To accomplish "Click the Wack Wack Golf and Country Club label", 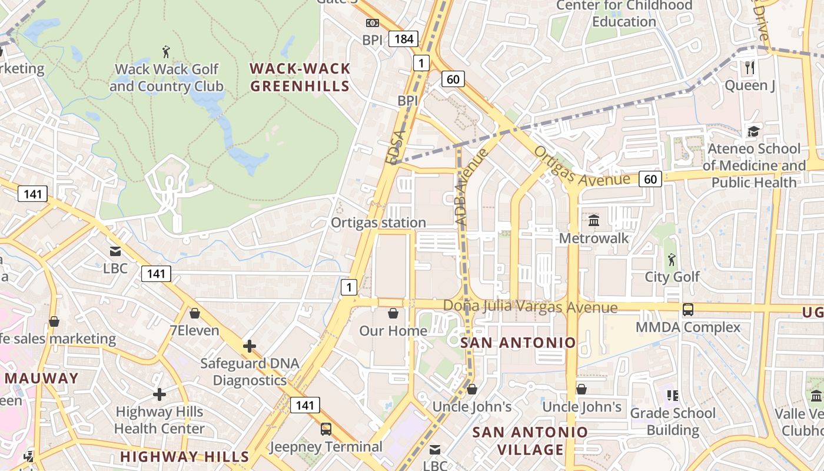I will (x=167, y=78).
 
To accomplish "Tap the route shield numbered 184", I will (x=404, y=39).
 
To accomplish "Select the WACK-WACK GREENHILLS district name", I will (x=300, y=78).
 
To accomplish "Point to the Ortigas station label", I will (x=378, y=223).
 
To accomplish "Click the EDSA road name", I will (x=396, y=147).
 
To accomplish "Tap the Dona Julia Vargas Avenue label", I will (x=530, y=307).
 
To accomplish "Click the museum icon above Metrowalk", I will (x=594, y=221).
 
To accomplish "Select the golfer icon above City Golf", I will (x=672, y=259).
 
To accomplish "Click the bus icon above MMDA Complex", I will (x=687, y=310).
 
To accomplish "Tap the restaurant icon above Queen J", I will (x=749, y=68).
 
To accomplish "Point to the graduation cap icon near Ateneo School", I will (x=753, y=131).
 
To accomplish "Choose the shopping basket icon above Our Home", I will (x=393, y=313).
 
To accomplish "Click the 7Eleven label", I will (x=194, y=330).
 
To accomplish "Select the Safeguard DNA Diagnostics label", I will (x=250, y=372).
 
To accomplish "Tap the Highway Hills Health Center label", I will (x=160, y=420).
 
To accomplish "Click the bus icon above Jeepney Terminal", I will (x=325, y=429).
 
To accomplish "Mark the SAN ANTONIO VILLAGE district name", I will (x=530, y=441).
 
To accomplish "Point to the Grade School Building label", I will (x=673, y=422).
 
